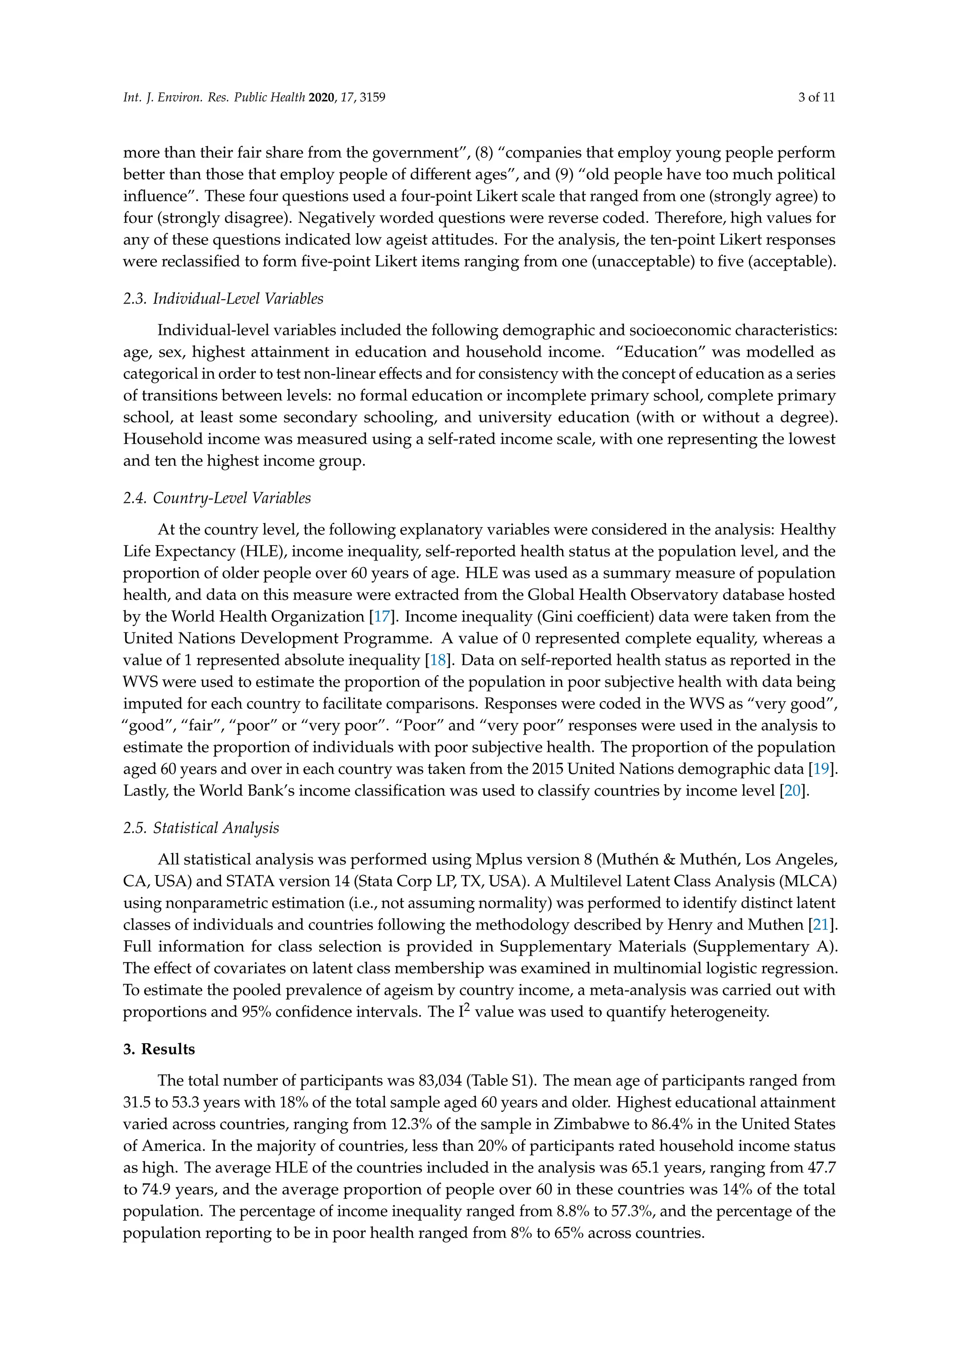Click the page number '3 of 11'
[x=816, y=97]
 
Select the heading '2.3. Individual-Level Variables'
[x=223, y=299]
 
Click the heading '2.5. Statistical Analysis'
[x=201, y=828]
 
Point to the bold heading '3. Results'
[x=159, y=1049]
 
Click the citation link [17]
[x=382, y=617]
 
